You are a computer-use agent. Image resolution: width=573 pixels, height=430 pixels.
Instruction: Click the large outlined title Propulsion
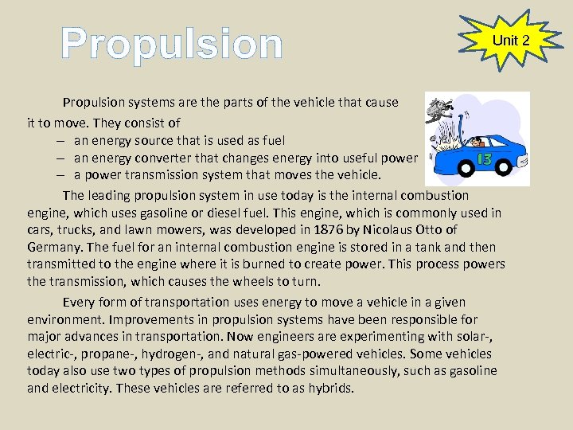(x=172, y=44)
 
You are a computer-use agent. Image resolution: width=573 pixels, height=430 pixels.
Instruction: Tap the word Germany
(x=53, y=247)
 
